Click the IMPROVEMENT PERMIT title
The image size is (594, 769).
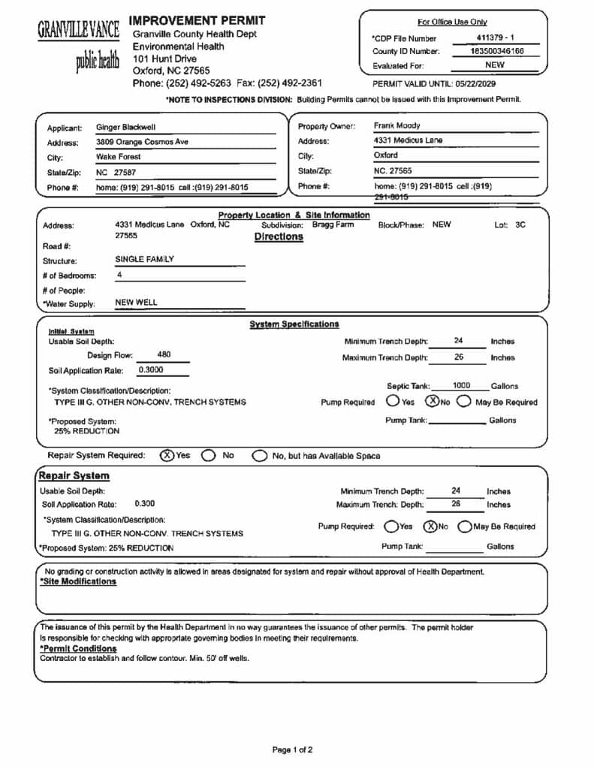pyautogui.click(x=198, y=20)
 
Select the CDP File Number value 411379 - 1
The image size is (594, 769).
pyautogui.click(x=495, y=37)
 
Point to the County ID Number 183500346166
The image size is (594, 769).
pyautogui.click(x=496, y=51)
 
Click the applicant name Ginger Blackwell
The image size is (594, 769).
pyautogui.click(x=125, y=128)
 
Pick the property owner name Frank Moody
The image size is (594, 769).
pyautogui.click(x=397, y=126)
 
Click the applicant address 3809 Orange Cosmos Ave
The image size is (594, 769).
pyautogui.click(x=142, y=142)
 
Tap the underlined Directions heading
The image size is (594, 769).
pyautogui.click(x=279, y=237)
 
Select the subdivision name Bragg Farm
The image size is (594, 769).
pyautogui.click(x=333, y=225)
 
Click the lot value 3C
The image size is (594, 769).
pyautogui.click(x=520, y=225)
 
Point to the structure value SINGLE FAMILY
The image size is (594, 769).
pyautogui.click(x=144, y=259)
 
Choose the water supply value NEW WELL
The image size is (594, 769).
pyautogui.click(x=136, y=303)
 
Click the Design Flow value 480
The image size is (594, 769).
pyautogui.click(x=164, y=354)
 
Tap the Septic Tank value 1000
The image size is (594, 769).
pyautogui.click(x=461, y=385)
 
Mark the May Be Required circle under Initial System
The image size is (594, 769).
pyautogui.click(x=463, y=402)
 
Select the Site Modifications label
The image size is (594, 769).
pyautogui.click(x=78, y=582)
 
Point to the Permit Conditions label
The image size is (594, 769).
pyautogui.click(x=78, y=648)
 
